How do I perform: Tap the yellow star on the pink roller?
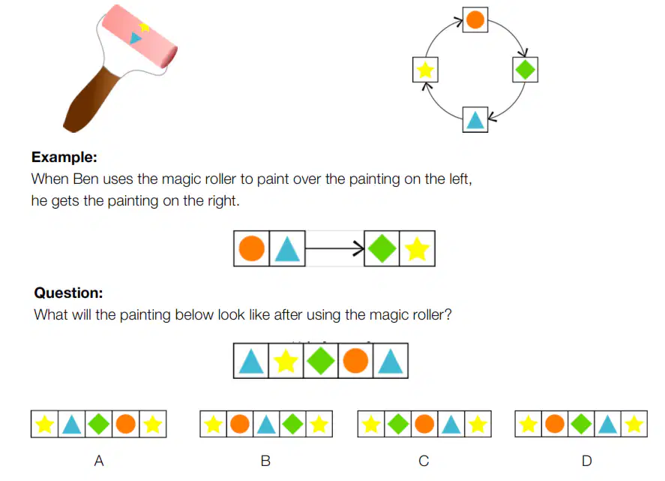pyautogui.click(x=144, y=28)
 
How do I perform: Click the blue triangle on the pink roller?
pyautogui.click(x=135, y=38)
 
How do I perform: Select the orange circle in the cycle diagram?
pyautogui.click(x=475, y=20)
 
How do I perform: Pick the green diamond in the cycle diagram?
pyautogui.click(x=525, y=69)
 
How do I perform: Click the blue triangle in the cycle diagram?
pyautogui.click(x=475, y=120)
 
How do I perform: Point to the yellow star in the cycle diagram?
pyautogui.click(x=425, y=70)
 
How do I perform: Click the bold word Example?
pyautogui.click(x=64, y=157)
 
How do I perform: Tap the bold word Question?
pyautogui.click(x=68, y=293)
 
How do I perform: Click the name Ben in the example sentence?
pyautogui.click(x=85, y=179)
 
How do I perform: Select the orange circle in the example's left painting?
pyautogui.click(x=251, y=248)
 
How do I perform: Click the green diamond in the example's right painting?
pyautogui.click(x=382, y=248)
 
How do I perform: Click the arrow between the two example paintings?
pyautogui.click(x=334, y=248)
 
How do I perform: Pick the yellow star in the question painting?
pyautogui.click(x=286, y=361)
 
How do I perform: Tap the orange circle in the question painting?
pyautogui.click(x=355, y=361)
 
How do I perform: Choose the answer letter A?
pyautogui.click(x=99, y=461)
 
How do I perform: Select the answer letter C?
pyautogui.click(x=424, y=461)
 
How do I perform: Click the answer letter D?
pyautogui.click(x=586, y=461)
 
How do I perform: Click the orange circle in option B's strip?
pyautogui.click(x=240, y=424)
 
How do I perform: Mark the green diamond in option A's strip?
pyautogui.click(x=98, y=424)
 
